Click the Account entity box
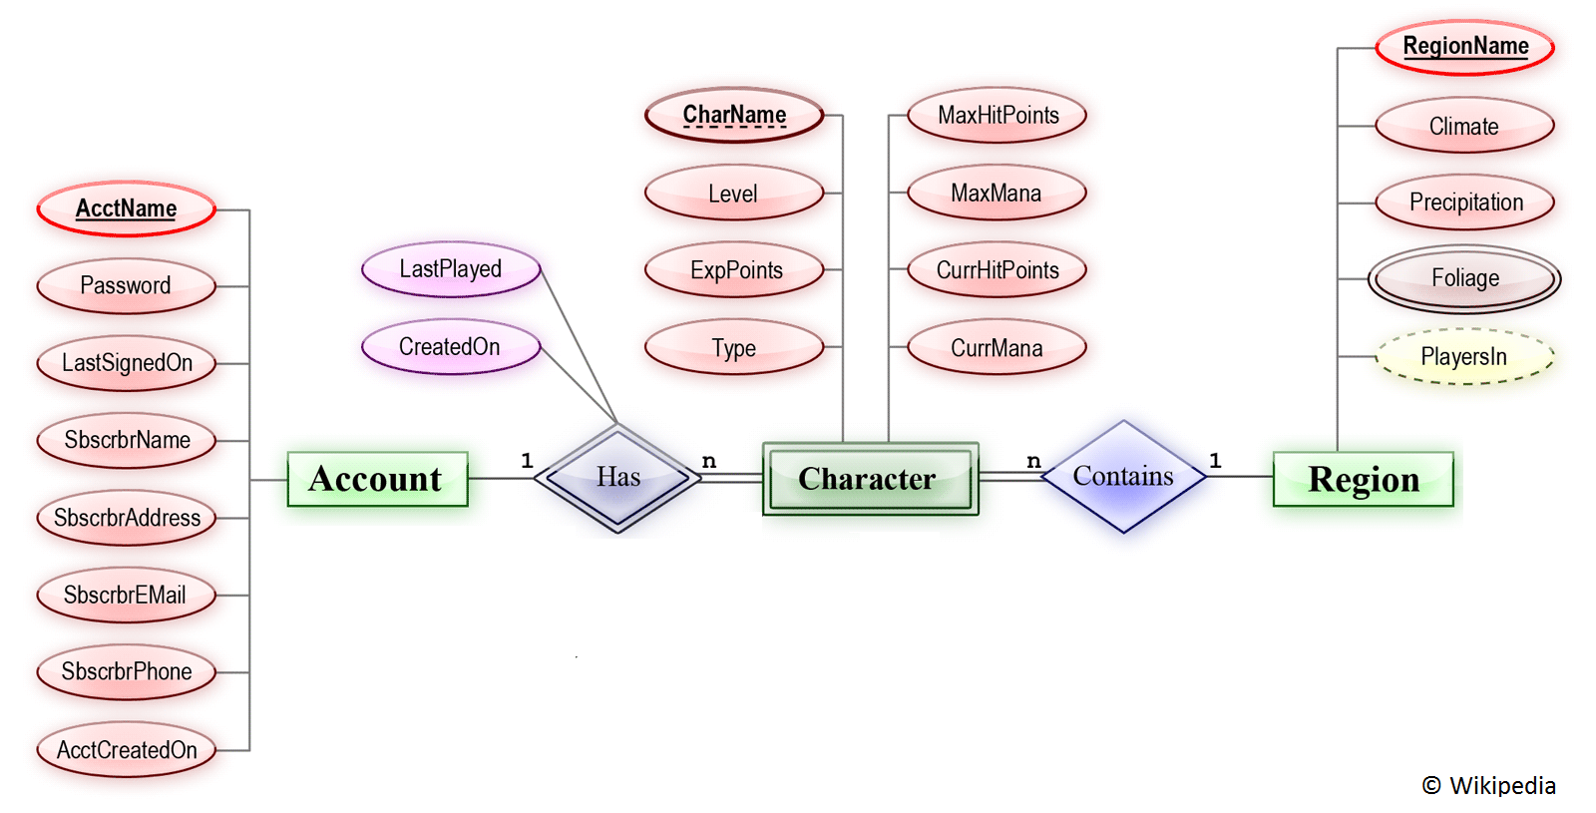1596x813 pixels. (377, 479)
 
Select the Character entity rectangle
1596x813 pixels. (869, 479)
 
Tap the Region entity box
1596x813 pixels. (1363, 479)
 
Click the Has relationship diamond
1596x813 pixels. (618, 478)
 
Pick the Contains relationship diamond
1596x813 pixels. (1123, 477)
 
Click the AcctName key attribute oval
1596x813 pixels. (127, 208)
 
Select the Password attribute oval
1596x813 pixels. (127, 286)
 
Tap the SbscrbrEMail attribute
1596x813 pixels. (127, 596)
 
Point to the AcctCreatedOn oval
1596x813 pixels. (127, 750)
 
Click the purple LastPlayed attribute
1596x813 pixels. (451, 269)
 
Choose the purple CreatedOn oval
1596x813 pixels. (451, 347)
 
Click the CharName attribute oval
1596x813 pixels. (734, 116)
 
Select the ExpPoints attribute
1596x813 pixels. (735, 270)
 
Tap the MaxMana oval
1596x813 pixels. (997, 194)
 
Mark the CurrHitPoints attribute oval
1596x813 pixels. (997, 270)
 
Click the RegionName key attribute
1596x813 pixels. (1464, 47)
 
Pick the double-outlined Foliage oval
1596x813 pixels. (1464, 278)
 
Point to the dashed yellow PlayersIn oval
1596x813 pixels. (1464, 357)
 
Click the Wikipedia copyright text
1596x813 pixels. (1488, 786)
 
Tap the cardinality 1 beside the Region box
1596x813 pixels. (1215, 461)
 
